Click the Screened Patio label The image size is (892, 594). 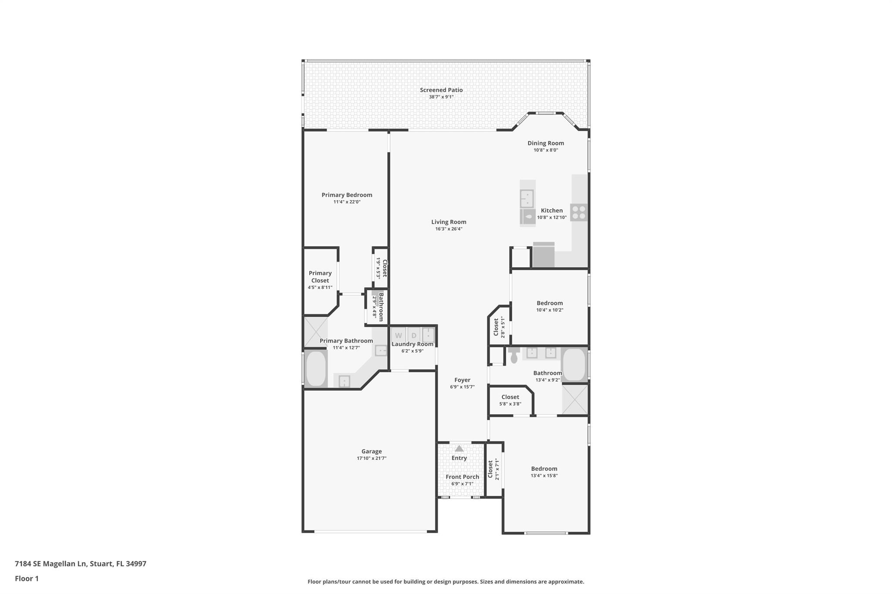[x=441, y=90]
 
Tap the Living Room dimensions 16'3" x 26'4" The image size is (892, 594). [x=449, y=229]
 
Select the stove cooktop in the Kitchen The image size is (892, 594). [x=579, y=212]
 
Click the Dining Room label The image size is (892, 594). [x=546, y=143]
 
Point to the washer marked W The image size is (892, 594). [x=398, y=335]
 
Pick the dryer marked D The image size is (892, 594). [x=414, y=335]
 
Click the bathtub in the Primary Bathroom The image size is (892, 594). [x=316, y=369]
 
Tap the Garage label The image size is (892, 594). [x=372, y=452]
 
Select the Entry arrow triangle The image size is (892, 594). [x=459, y=448]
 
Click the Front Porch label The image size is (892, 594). [x=462, y=477]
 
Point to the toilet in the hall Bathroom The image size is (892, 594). [x=514, y=355]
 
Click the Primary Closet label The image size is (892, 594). [x=320, y=277]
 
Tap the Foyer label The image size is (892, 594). [x=462, y=380]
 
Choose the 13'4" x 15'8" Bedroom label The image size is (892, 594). [x=544, y=469]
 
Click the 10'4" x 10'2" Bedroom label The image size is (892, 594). [x=550, y=303]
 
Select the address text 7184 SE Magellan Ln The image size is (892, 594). [x=51, y=564]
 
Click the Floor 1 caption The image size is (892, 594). [x=27, y=579]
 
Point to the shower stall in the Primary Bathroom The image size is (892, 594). [x=316, y=332]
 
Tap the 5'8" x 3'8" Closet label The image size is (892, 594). [x=510, y=397]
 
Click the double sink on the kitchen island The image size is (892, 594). [x=527, y=199]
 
